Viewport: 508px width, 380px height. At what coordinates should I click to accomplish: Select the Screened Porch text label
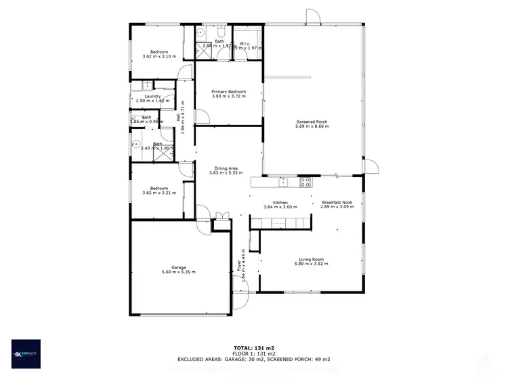click(312, 122)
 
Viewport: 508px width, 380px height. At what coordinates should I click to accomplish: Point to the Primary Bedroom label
click(228, 92)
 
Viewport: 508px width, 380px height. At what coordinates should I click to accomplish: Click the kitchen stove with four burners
click(305, 181)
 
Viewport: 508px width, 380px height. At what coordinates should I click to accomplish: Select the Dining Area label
click(226, 168)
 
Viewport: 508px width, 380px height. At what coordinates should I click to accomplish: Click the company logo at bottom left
click(26, 353)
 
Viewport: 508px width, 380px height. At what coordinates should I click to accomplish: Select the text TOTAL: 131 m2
click(253, 346)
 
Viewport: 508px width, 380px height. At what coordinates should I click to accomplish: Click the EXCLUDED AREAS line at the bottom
click(253, 360)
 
